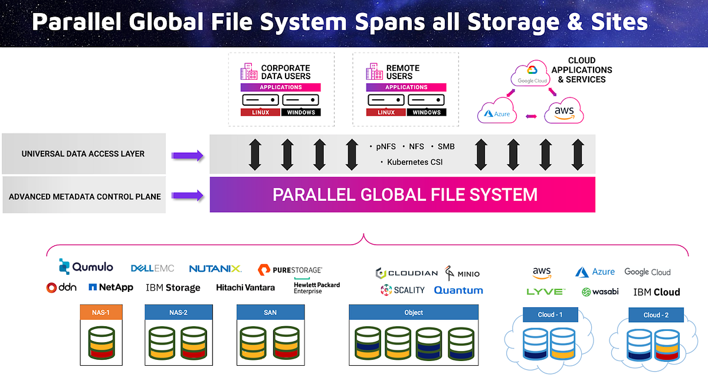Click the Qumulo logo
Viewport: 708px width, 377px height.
click(86, 267)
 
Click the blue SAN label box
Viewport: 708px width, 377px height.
click(270, 312)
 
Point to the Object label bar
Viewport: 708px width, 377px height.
click(413, 312)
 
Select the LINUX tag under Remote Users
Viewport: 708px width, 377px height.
click(386, 112)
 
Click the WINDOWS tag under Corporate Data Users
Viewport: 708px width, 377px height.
click(301, 112)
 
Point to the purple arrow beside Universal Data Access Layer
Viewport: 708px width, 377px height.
click(187, 155)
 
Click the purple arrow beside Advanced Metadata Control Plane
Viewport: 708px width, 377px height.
click(187, 195)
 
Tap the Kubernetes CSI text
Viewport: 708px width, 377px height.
click(413, 162)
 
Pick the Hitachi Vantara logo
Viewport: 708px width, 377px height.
click(245, 288)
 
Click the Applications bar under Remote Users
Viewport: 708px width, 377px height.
click(407, 87)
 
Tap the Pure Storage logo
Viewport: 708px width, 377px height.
click(290, 269)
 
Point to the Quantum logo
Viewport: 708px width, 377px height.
click(458, 290)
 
